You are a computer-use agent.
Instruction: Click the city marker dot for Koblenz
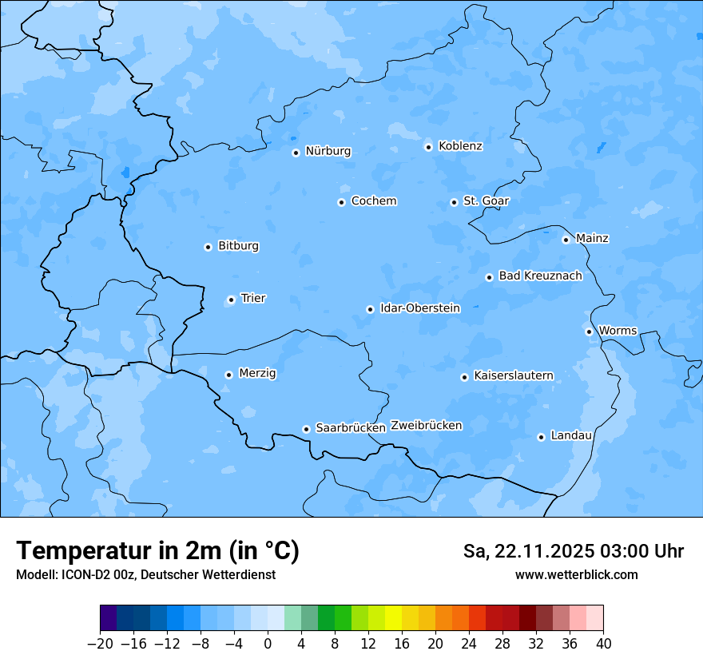pyautogui.click(x=428, y=147)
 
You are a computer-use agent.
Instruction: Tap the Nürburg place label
pyautogui.click(x=328, y=151)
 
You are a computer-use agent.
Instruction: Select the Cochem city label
pyautogui.click(x=374, y=201)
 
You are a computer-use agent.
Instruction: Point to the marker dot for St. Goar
pyautogui.click(x=454, y=202)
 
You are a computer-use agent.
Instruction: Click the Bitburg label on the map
pyautogui.click(x=238, y=246)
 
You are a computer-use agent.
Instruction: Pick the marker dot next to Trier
pyautogui.click(x=231, y=300)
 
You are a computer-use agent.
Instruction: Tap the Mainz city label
pyautogui.click(x=592, y=239)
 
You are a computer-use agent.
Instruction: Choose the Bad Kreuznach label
pyautogui.click(x=540, y=276)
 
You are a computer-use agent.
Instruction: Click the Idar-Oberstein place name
pyautogui.click(x=419, y=308)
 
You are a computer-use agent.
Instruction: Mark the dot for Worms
pyautogui.click(x=589, y=331)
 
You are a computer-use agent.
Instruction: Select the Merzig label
pyautogui.click(x=257, y=374)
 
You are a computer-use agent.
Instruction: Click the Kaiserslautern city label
pyautogui.click(x=513, y=376)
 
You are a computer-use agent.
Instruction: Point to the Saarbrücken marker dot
pyautogui.click(x=306, y=429)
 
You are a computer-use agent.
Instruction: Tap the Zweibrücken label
pyautogui.click(x=426, y=426)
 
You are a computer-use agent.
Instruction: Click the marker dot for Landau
pyautogui.click(x=541, y=437)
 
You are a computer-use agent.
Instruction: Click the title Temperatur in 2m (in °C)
pyautogui.click(x=157, y=551)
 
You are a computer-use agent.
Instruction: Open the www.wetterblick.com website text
pyautogui.click(x=576, y=575)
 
